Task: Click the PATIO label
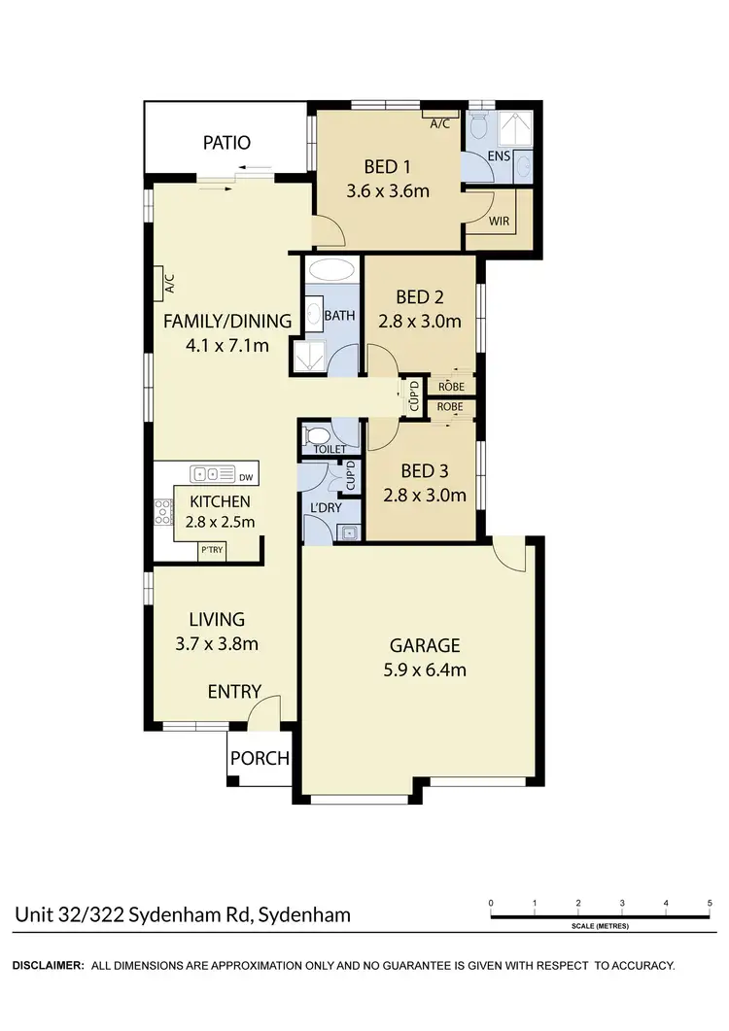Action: pos(226,143)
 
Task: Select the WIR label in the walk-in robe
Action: pos(499,222)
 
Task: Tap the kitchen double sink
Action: pos(206,475)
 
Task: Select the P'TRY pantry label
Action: pos(211,550)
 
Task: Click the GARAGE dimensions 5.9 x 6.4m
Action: pos(424,670)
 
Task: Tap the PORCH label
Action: pos(260,758)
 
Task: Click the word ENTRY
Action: pos(234,692)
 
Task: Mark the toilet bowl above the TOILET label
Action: pos(317,434)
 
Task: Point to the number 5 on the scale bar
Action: pos(710,904)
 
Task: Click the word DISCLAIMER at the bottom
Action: pos(47,966)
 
